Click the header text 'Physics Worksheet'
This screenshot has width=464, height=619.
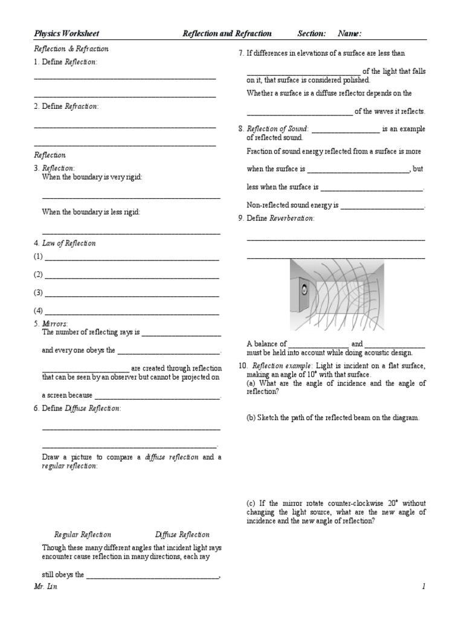(x=66, y=34)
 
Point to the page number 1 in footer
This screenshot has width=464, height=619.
(x=424, y=587)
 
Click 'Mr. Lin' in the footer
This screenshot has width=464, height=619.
(x=45, y=587)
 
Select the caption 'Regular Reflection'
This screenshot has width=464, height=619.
(x=83, y=534)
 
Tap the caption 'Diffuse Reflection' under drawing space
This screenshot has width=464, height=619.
(x=182, y=534)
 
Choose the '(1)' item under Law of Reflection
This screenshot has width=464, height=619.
(x=39, y=257)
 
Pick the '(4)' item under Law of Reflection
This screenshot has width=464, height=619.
(x=39, y=311)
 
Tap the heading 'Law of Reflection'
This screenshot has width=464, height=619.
(x=69, y=244)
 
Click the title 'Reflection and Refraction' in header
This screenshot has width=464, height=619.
(x=227, y=34)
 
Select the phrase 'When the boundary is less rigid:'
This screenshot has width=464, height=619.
(x=91, y=212)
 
